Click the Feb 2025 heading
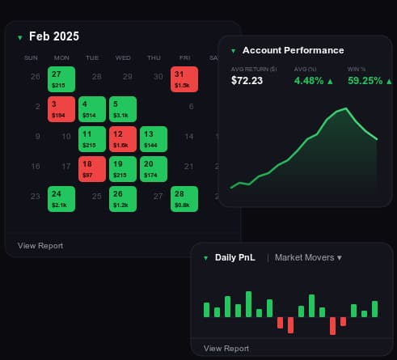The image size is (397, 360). coord(54,36)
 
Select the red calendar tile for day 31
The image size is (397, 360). coord(184,79)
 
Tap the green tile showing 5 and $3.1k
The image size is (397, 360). coord(123,109)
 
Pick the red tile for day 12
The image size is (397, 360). coord(123,139)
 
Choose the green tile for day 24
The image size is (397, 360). coord(61,199)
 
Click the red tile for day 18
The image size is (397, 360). coord(92,169)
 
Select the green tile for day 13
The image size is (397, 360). coord(154,139)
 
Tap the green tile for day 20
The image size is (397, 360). coord(154,169)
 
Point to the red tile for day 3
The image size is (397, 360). coord(61,109)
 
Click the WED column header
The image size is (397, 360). coord(123,58)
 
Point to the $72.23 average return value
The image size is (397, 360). coord(247,81)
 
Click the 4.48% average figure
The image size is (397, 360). coord(309,81)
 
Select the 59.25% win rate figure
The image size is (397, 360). coord(365,81)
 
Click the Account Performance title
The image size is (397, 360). coord(294,50)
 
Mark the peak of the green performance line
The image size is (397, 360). coord(346,108)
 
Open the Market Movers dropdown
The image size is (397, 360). coord(308,257)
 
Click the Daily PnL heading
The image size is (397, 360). coord(235,257)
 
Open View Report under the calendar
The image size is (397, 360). coord(40,246)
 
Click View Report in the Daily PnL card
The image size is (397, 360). coord(226,349)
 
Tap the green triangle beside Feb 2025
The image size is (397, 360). coord(19,38)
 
